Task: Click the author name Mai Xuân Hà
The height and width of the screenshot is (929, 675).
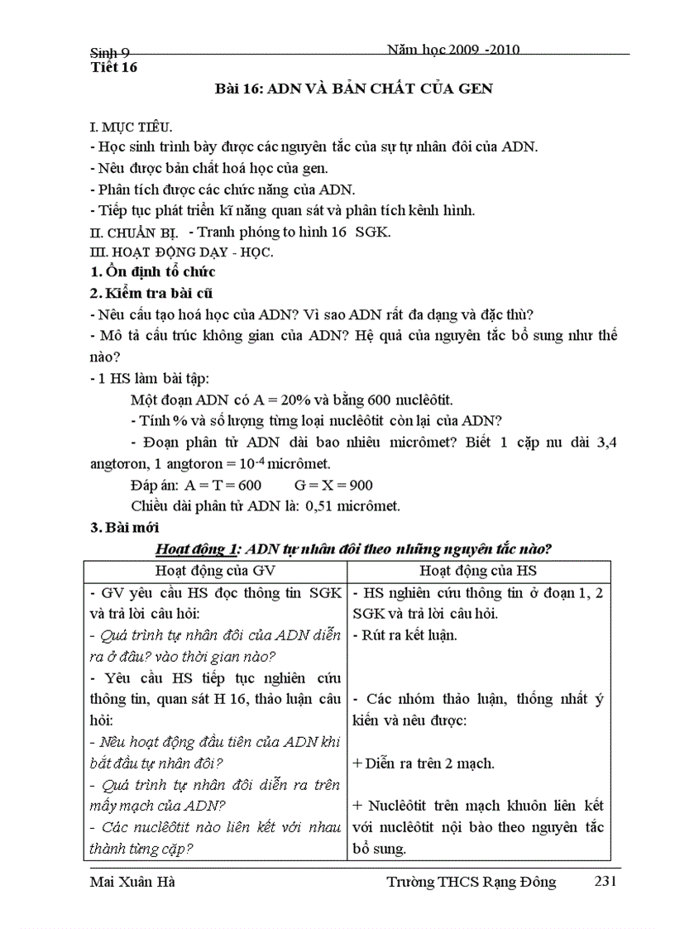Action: point(132,882)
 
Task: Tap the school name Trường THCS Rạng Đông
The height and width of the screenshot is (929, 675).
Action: point(472,882)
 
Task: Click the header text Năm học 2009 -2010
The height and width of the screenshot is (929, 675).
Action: point(452,50)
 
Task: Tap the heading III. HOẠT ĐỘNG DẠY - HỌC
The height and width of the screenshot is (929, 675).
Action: point(181,251)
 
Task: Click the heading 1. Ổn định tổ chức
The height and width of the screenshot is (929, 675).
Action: point(152,272)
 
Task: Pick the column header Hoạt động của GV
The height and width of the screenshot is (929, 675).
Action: point(214,570)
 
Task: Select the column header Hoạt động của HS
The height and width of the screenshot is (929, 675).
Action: point(479,570)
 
